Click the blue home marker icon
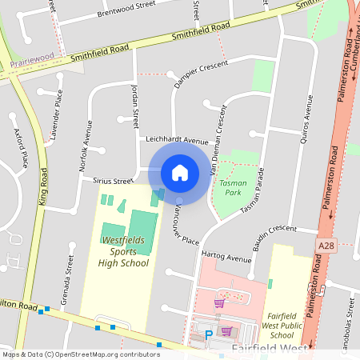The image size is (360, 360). [x=179, y=172]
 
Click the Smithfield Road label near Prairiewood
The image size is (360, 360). [x=99, y=55]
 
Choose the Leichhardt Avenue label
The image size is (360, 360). [x=177, y=139]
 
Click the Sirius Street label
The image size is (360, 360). [x=111, y=182]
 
